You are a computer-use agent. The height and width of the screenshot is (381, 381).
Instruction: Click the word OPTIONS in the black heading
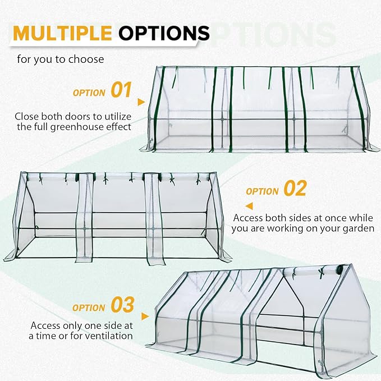[x=164, y=33]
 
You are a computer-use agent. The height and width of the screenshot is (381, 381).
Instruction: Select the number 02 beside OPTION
[x=295, y=189]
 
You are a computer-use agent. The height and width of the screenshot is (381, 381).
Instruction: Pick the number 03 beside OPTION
[x=122, y=305]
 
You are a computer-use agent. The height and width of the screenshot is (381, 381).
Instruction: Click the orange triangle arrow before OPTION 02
[x=237, y=192]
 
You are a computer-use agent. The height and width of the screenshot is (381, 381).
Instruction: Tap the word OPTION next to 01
[x=89, y=92]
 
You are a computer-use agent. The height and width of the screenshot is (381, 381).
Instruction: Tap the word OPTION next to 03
[x=89, y=307]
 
